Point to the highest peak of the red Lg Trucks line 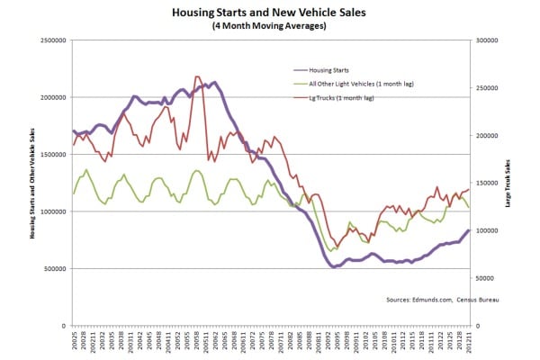(197, 77)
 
